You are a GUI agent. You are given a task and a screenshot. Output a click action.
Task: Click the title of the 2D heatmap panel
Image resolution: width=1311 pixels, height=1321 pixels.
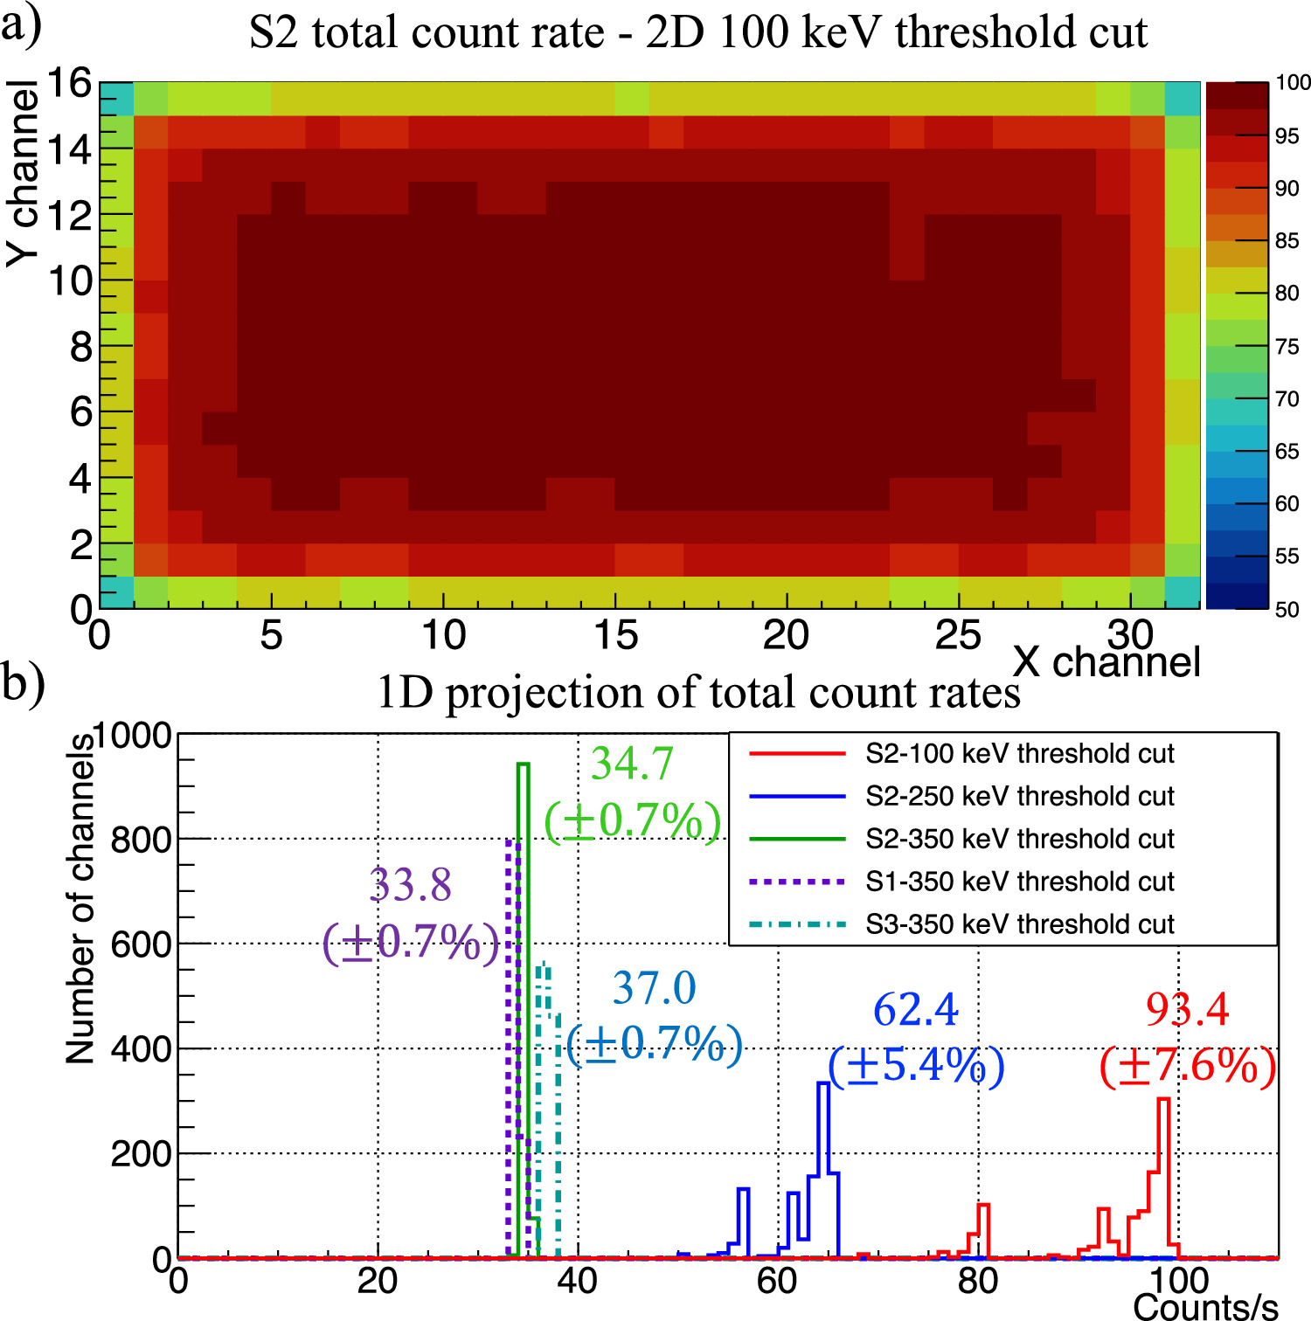[x=697, y=33]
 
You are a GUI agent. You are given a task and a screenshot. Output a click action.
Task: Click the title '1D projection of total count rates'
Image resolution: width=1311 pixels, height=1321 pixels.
[x=697, y=693]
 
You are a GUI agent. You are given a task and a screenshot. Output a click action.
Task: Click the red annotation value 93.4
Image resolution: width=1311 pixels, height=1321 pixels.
[x=1187, y=1010]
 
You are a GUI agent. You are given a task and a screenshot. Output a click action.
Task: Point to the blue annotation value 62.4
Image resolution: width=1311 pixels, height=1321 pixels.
[x=916, y=1010]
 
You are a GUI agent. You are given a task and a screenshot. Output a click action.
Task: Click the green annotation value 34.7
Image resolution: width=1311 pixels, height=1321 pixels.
[x=632, y=764]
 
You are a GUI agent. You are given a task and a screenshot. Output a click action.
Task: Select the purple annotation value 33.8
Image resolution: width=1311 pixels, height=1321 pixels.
[x=411, y=885]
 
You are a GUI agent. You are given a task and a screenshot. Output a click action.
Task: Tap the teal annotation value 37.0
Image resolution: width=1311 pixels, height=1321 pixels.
[x=654, y=989]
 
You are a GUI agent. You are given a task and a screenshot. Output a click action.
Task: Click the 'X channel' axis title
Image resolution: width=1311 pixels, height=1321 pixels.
[x=1106, y=662]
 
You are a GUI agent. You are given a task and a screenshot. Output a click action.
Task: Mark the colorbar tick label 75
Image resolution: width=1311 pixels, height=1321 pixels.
[x=1287, y=347]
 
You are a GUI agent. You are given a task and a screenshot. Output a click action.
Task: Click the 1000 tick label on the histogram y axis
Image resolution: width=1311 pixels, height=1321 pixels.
[x=132, y=736]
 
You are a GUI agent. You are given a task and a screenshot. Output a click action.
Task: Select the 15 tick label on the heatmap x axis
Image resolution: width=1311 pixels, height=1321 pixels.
[x=615, y=635]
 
